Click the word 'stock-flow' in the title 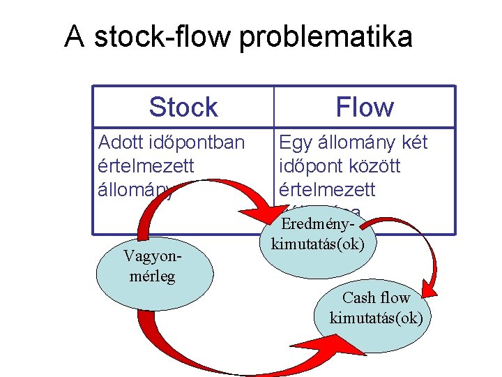click(163, 36)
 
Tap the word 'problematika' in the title click(326, 37)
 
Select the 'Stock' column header click(183, 108)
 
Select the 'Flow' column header click(364, 108)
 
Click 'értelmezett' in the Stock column click(146, 166)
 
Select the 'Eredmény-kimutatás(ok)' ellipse click(317, 235)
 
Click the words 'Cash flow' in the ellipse click(376, 298)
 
